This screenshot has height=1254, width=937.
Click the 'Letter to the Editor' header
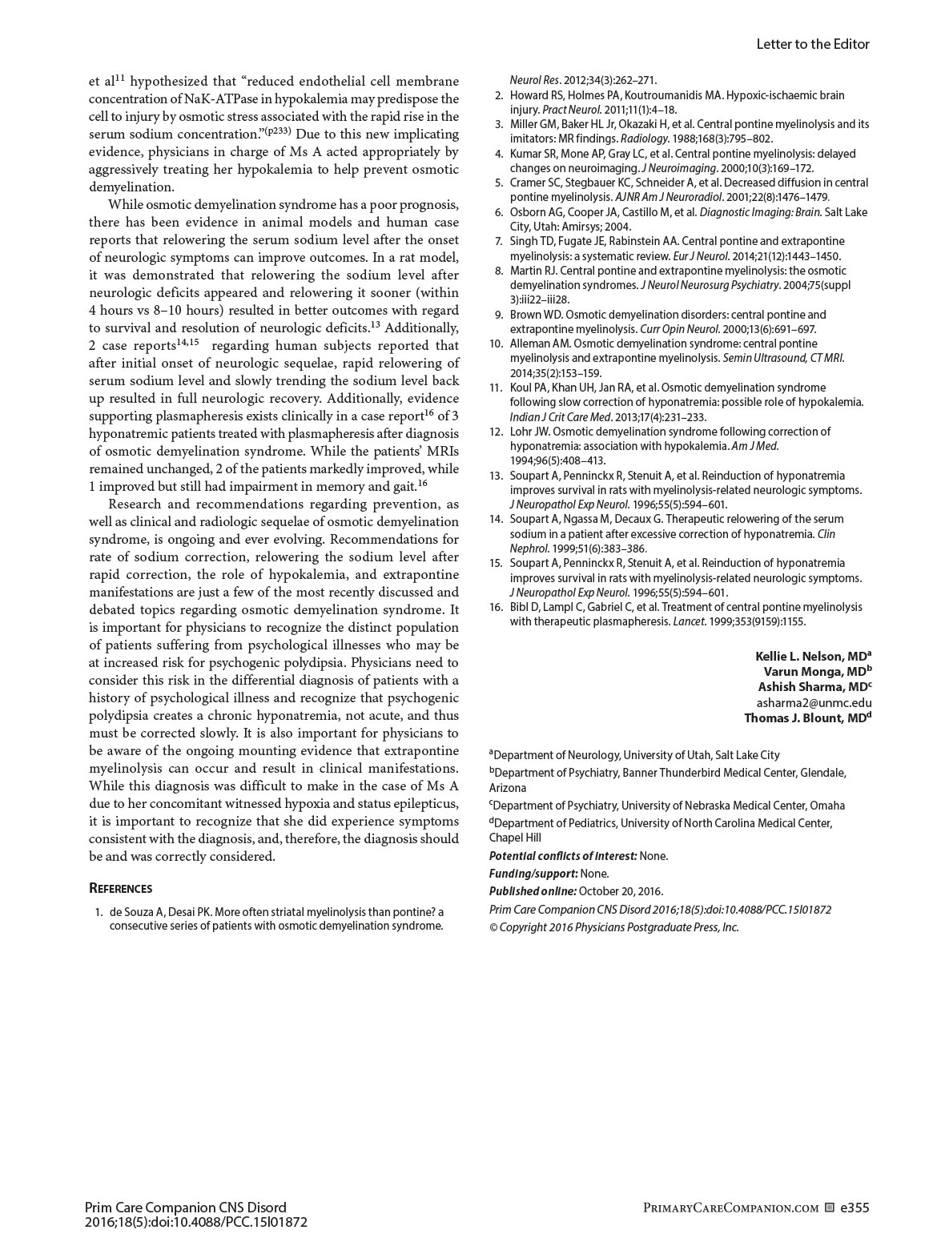tap(812, 44)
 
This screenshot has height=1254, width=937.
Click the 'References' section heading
tap(120, 888)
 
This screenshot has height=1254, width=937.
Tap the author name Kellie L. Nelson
tap(808, 657)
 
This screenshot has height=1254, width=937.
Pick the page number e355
tap(855, 1208)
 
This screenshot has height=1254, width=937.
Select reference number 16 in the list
tap(496, 607)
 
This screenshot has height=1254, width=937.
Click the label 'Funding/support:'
tap(533, 874)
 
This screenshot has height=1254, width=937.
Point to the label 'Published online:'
tap(533, 891)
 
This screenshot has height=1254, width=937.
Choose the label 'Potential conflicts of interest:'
tap(563, 856)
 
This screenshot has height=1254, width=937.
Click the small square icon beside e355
tap(829, 1208)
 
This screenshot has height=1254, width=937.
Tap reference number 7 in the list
tap(499, 241)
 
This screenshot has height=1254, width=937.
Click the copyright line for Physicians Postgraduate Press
tap(613, 927)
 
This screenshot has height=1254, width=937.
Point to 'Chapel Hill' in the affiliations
tap(515, 838)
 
